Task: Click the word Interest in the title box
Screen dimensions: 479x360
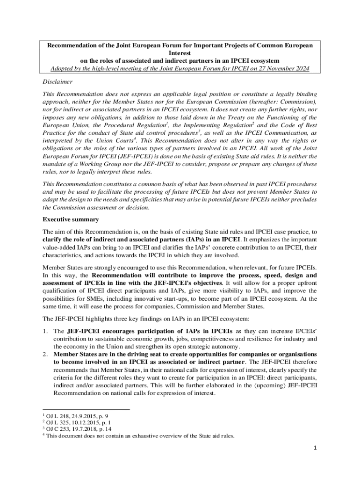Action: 180,53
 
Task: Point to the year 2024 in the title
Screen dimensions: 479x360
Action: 300,69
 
